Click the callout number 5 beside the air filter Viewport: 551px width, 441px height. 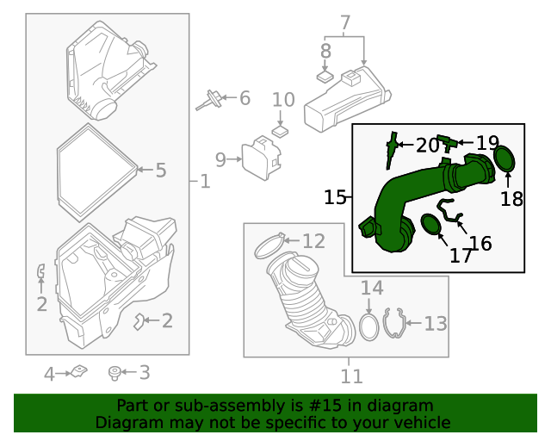pos(161,170)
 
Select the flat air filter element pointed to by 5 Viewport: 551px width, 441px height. pos(95,171)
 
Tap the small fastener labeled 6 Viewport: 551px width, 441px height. pos(209,100)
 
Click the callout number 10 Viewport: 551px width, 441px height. pos(283,100)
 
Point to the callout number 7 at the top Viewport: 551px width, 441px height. pos(345,22)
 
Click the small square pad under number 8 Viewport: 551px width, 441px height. pos(325,76)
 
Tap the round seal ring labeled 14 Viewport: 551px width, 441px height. pos(368,327)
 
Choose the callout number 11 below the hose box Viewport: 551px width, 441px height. pos(351,376)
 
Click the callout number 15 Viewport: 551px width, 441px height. pos(335,197)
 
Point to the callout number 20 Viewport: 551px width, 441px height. pos(427,145)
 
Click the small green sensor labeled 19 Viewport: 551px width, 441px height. pos(445,140)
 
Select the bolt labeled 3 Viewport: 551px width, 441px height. pos(114,373)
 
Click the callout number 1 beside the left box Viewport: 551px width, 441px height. pos(204,182)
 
